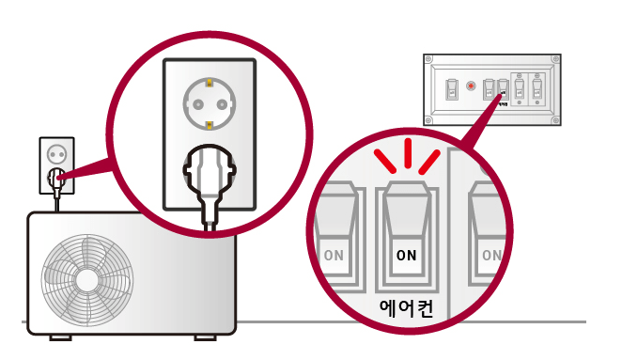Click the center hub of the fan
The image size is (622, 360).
coord(87,279)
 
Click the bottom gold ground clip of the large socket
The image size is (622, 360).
coord(208,123)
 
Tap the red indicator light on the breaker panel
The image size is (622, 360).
coord(471,86)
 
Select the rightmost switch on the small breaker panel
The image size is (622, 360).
coord(537,90)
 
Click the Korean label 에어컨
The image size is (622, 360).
coord(406,306)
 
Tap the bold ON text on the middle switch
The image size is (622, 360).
coord(406,255)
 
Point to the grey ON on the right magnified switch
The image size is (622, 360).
coord(490,255)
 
